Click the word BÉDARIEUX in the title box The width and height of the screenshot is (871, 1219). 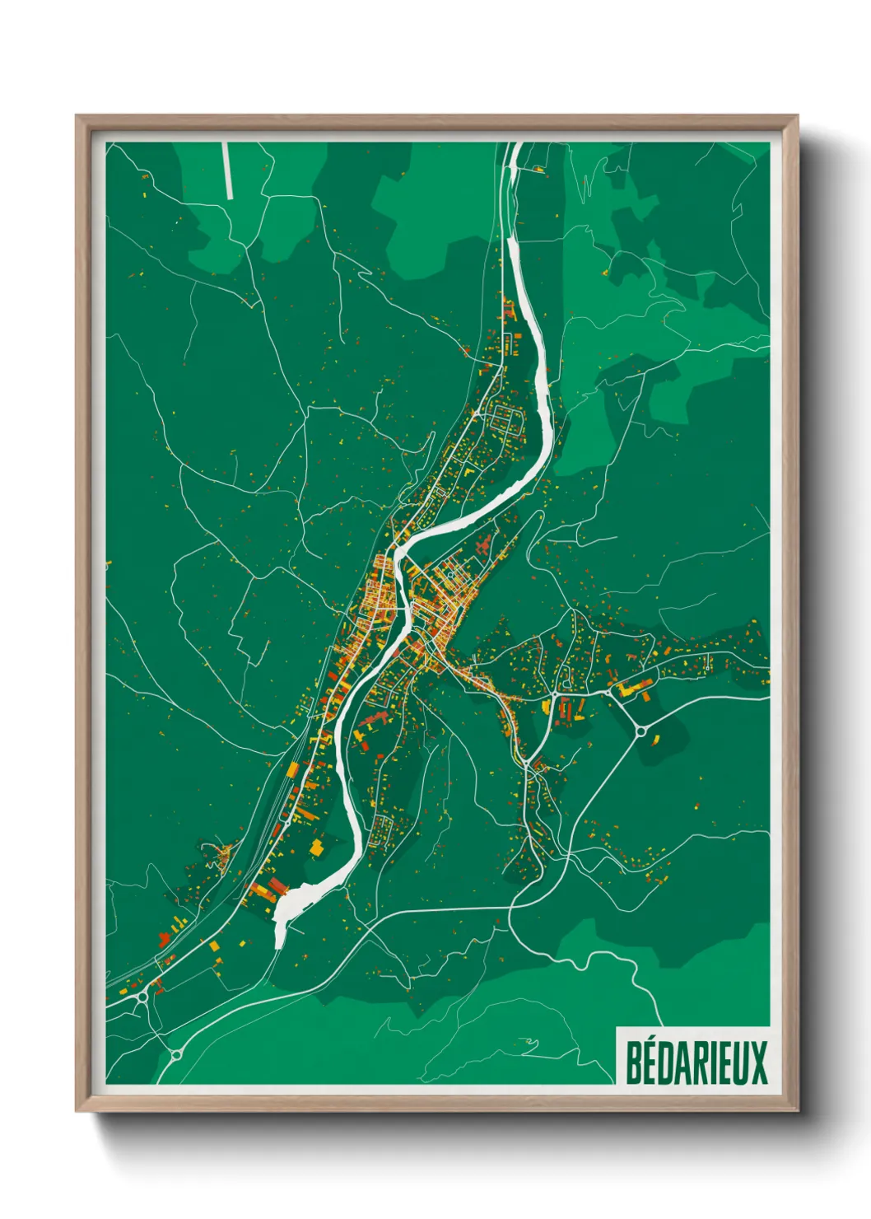tap(696, 1063)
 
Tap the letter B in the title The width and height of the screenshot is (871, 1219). tap(635, 1063)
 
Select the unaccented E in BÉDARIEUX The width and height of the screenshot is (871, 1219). tap(722, 1063)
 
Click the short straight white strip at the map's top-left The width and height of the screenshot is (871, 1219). tap(228, 170)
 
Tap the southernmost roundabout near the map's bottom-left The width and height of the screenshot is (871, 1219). tap(175, 1053)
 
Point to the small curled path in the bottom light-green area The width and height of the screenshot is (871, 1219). tap(527, 1045)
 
